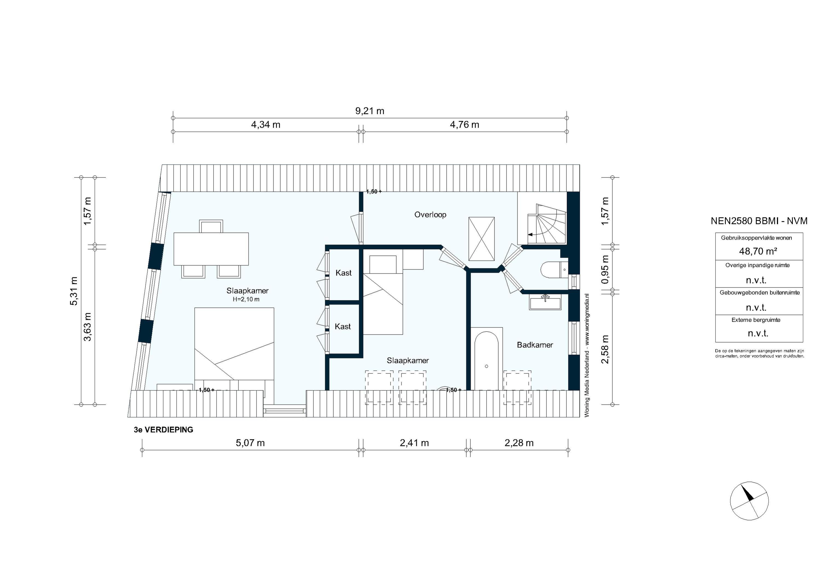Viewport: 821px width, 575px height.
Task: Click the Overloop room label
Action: (430, 215)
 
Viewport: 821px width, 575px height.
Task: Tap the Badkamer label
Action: (535, 345)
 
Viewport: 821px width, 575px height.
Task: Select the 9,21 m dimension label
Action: (370, 111)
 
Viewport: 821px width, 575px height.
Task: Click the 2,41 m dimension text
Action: (414, 443)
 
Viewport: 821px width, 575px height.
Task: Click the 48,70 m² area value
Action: (758, 251)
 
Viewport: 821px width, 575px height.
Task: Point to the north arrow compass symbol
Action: (749, 501)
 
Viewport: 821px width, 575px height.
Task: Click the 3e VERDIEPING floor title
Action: (163, 430)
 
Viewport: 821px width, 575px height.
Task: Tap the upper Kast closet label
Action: (343, 273)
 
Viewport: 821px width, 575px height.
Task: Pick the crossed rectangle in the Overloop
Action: (481, 239)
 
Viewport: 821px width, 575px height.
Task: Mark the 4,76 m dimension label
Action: (464, 125)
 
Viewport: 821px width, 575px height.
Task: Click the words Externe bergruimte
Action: (756, 320)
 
